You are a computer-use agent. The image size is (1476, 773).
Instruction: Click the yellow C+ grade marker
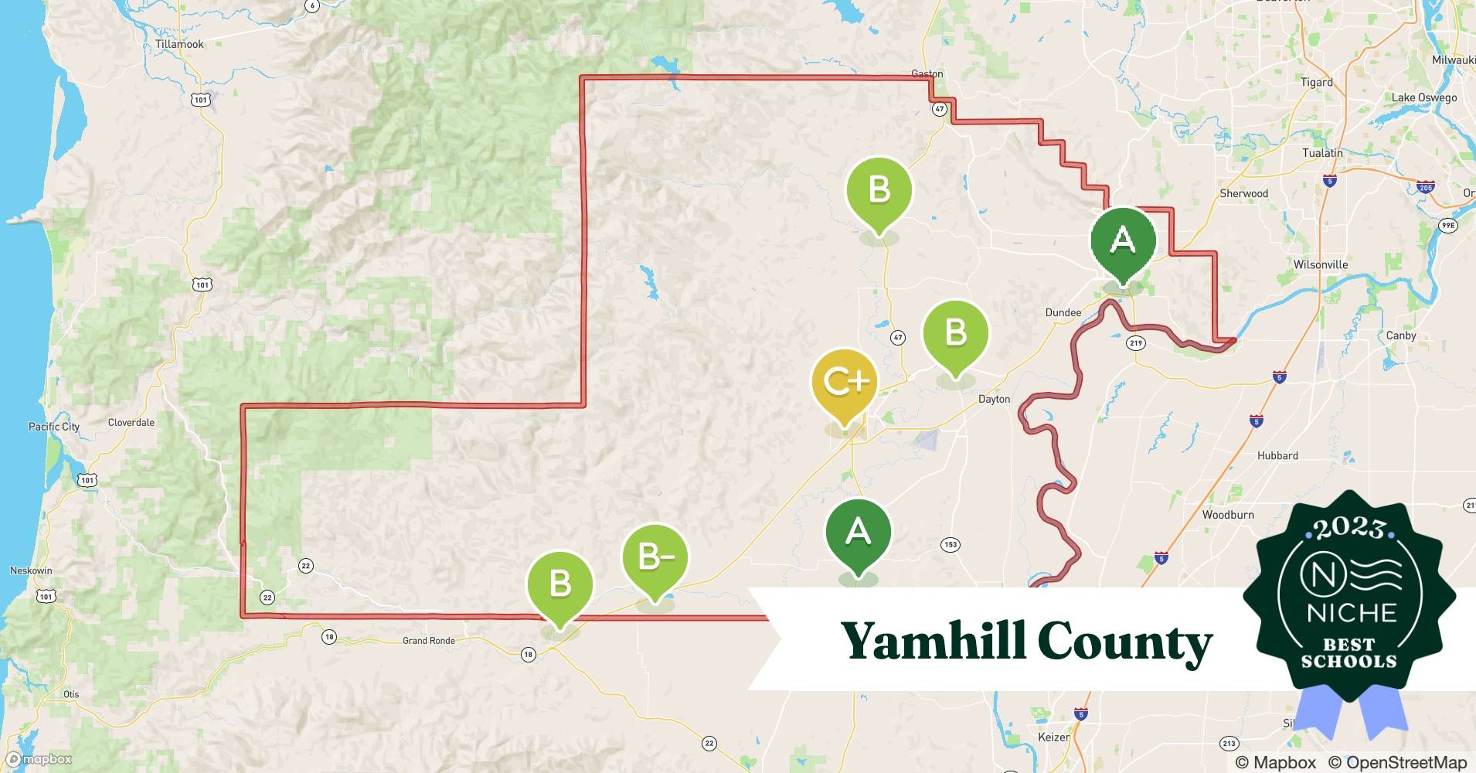coord(844,383)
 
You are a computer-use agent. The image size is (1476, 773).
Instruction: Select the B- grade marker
coord(655,557)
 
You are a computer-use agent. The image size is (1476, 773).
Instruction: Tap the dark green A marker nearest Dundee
coord(1123,241)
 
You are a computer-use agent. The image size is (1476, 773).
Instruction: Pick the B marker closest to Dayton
coord(956,334)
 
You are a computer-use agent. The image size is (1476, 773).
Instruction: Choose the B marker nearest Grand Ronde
coord(559,584)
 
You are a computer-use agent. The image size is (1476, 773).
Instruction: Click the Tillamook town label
coord(179,44)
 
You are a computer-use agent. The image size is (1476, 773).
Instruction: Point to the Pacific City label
coord(54,427)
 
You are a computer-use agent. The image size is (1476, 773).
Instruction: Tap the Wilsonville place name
coord(1321,264)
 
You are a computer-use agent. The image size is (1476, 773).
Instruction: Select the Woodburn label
coord(1228,515)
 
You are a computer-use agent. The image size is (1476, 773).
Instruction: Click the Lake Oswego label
coord(1424,97)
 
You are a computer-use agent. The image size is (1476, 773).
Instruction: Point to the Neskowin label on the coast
coord(31,570)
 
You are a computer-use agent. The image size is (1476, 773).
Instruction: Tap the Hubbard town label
coord(1277,456)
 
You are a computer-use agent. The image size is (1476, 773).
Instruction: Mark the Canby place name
coord(1401,335)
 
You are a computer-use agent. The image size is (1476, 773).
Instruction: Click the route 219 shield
coord(1135,343)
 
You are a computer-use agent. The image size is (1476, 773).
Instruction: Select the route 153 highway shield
coord(951,545)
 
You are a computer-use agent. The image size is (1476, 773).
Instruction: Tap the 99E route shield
coord(1448,226)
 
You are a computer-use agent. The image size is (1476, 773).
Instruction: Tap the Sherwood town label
coord(1243,193)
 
